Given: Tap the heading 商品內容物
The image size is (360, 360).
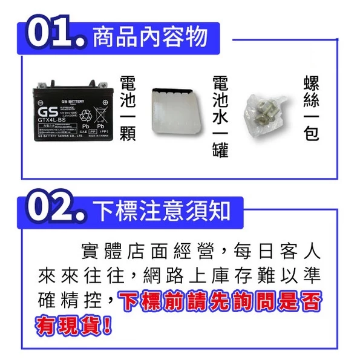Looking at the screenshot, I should (150, 37).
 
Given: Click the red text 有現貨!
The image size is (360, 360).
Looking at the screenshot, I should (74, 327).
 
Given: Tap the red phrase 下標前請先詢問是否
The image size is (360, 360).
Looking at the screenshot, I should (220, 301).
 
